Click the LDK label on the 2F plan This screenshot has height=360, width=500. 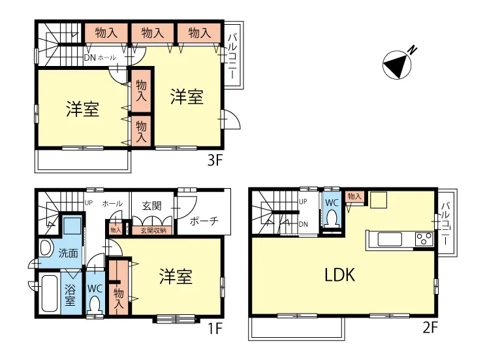click(x=339, y=275)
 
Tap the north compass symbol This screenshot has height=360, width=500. click(x=398, y=65)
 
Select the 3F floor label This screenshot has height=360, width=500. click(x=215, y=160)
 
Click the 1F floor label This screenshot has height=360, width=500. click(x=215, y=328)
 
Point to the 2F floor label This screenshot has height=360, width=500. click(x=430, y=327)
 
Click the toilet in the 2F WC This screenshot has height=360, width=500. click(x=332, y=218)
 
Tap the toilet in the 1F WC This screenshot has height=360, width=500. click(x=95, y=305)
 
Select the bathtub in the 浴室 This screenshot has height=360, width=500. click(x=50, y=293)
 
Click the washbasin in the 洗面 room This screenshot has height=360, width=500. click(x=46, y=248)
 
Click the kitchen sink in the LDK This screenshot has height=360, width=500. click(x=390, y=239)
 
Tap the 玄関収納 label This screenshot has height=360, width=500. click(x=153, y=230)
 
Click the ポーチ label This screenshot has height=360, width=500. click(x=204, y=221)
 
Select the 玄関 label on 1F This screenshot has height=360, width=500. click(x=152, y=206)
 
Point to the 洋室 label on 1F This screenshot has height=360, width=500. click(x=176, y=276)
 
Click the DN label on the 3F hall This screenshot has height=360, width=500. click(x=89, y=57)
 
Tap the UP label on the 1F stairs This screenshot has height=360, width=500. click(x=88, y=203)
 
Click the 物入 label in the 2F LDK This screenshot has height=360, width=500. click(x=354, y=196)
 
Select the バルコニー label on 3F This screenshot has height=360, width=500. click(x=232, y=56)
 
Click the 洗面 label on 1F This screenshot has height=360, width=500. click(x=69, y=254)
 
